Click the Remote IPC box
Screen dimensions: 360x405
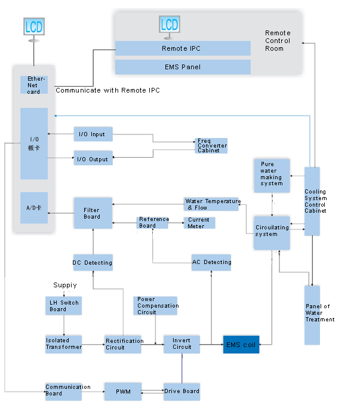pos(183,48)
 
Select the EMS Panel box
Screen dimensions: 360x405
pos(183,67)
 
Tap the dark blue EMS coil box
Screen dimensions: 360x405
pos(241,345)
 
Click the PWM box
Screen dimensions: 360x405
pos(123,392)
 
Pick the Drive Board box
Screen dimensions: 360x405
pos(181,392)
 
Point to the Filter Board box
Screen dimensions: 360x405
pos(93,213)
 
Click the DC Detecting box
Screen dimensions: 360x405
pos(93,262)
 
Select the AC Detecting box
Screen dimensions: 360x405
pos(211,262)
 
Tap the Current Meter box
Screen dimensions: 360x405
pos(199,223)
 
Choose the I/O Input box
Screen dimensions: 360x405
pos(93,134)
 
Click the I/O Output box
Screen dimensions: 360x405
pos(93,158)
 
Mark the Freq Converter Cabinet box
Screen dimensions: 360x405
pos(211,146)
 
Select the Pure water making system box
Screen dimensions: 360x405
pos(272,176)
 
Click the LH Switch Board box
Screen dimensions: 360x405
pos(63,306)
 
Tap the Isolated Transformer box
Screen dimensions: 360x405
pos(63,345)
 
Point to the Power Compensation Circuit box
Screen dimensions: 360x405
pos(155,306)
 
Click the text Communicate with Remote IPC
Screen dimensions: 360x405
pos(108,90)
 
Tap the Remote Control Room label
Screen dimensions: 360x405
pos(278,41)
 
